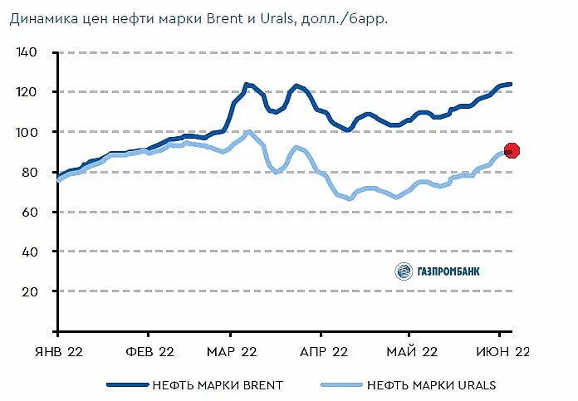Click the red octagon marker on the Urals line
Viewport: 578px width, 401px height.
click(512, 150)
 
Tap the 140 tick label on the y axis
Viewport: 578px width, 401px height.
click(27, 52)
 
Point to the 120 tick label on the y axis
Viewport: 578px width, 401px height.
click(27, 92)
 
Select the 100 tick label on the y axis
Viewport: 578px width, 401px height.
click(27, 132)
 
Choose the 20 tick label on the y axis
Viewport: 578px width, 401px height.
click(30, 291)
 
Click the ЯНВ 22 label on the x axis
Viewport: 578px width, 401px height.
click(56, 352)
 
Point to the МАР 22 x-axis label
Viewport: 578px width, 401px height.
click(232, 352)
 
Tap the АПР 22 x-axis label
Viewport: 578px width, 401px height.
click(322, 352)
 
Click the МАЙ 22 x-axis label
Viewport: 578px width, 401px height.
click(412, 352)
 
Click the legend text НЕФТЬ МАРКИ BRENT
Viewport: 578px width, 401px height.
click(218, 385)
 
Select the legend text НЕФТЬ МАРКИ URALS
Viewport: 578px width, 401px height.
click(431, 385)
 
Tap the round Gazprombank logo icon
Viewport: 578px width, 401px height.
click(404, 271)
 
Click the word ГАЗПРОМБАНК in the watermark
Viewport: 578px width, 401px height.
click(448, 271)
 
